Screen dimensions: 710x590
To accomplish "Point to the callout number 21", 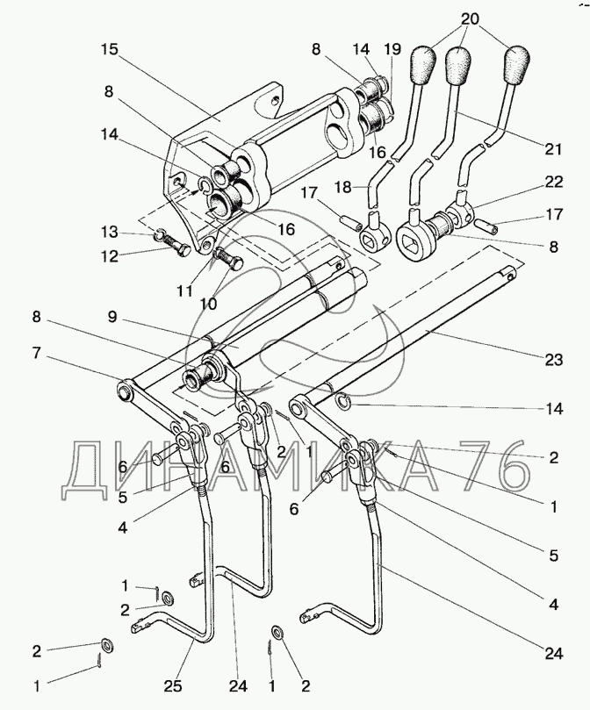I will click(551, 149).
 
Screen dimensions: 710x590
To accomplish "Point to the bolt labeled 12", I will click(175, 248).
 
